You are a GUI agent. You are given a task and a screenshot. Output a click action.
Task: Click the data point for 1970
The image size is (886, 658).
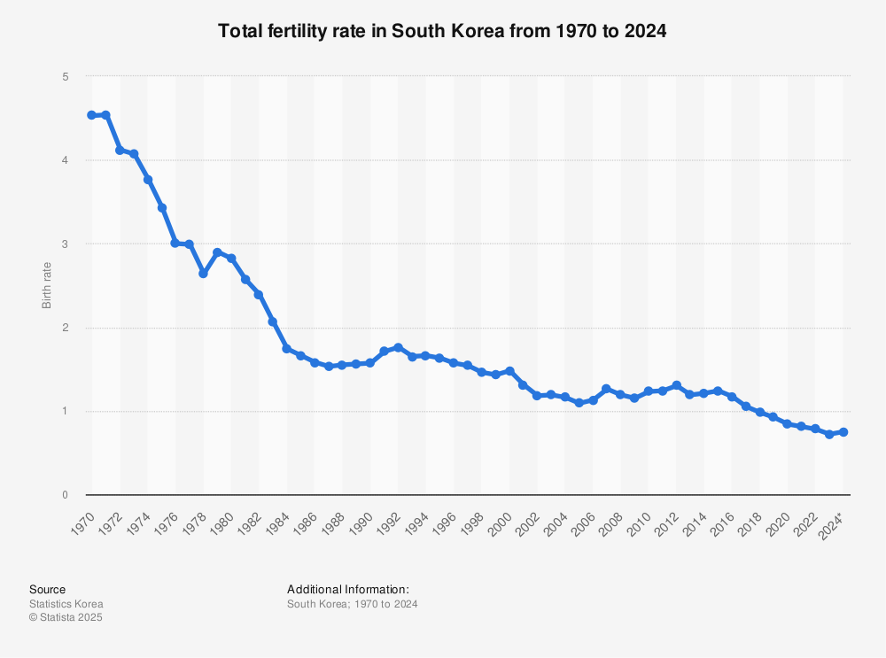point(91,115)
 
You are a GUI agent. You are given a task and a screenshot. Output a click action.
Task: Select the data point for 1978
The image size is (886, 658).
point(203,274)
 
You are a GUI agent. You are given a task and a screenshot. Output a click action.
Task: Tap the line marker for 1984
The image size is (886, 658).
point(286,348)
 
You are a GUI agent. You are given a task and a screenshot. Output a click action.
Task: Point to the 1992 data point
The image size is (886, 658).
point(398,347)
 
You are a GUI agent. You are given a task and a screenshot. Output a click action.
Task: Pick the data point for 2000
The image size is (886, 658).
point(509,371)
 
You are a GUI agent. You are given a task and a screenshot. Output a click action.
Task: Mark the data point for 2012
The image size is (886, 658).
point(676,385)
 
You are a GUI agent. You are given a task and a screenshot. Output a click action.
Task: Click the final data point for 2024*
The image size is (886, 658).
point(843,432)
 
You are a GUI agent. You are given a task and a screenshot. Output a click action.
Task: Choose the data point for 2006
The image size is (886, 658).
point(593,400)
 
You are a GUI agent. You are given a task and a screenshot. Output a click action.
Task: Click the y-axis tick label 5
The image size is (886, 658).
point(65,77)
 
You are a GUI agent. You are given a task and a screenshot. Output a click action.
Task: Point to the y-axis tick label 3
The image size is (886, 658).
point(65,244)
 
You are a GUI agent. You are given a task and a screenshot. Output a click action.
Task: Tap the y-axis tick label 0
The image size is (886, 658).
point(65,495)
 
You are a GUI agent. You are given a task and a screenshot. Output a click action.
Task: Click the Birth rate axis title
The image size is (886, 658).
point(47,285)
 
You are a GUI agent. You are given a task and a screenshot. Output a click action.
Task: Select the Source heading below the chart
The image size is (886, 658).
point(47,590)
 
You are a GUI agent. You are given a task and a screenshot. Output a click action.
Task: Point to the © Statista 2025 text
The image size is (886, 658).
point(66,618)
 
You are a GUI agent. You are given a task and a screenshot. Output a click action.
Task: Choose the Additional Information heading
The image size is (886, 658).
point(347,590)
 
